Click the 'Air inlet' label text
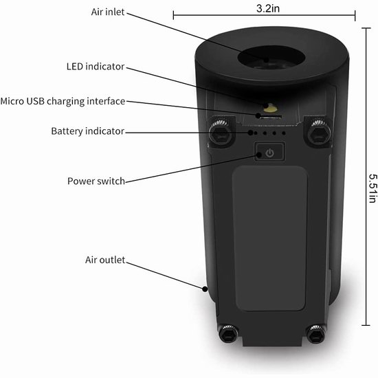click(108, 12)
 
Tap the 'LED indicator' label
click(96, 67)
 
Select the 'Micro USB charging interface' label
click(63, 101)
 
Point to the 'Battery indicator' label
click(88, 131)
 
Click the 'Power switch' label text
click(96, 181)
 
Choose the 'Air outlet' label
click(105, 260)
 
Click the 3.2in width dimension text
click(268, 9)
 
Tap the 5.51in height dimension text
click(373, 188)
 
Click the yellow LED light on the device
click(270, 109)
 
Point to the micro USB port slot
click(271, 117)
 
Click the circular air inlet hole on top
click(271, 58)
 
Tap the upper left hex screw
click(221, 134)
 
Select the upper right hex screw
click(319, 134)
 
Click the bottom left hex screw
click(228, 334)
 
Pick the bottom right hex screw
click(316, 335)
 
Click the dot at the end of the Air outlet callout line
click(205, 289)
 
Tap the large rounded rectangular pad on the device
click(270, 238)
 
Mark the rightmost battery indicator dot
click(284, 133)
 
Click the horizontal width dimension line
click(264, 15)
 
